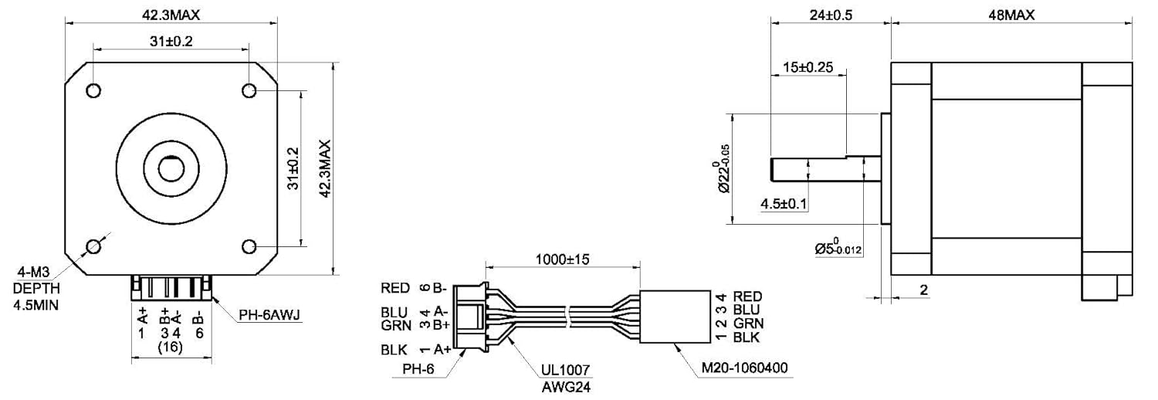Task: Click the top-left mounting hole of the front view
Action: tap(93, 90)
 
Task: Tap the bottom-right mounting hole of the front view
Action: tap(249, 246)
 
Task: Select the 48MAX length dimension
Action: tap(1011, 15)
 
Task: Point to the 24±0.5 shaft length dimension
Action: tap(831, 15)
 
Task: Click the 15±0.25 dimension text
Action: tap(808, 67)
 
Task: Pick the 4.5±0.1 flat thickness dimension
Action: tap(784, 204)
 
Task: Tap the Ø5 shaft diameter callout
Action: tap(838, 247)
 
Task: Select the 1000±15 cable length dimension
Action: tap(563, 259)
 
